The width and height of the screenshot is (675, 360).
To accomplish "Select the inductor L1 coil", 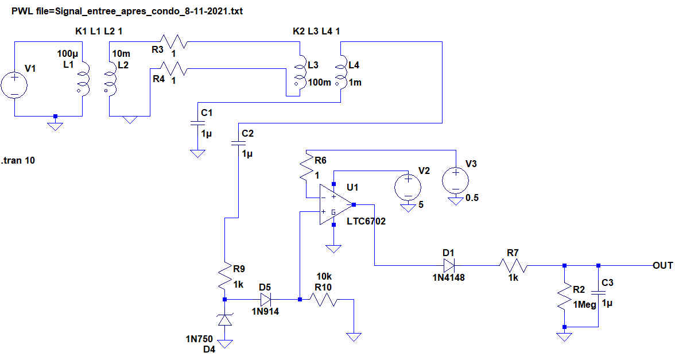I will coord(84,79).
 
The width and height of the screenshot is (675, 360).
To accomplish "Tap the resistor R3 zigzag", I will coord(176,42).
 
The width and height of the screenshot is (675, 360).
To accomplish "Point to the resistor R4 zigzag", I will coord(176,69).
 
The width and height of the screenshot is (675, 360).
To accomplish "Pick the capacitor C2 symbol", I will coord(239,144).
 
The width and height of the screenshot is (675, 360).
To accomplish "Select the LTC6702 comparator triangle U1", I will coord(335,204).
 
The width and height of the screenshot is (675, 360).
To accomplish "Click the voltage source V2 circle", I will coord(408,185).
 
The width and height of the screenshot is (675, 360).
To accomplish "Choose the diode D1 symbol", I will coord(449,265).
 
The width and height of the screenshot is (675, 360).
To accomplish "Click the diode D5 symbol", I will coord(266,299).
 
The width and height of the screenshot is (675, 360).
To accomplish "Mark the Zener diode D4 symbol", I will coord(225,320).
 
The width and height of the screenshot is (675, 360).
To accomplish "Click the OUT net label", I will coord(662,265).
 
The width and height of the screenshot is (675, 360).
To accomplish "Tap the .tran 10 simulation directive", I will coord(18,160).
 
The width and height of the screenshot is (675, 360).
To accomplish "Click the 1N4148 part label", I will coord(449,277).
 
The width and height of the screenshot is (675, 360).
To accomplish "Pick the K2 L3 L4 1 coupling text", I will coord(316,30).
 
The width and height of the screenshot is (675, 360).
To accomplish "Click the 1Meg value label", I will coord(585,305).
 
